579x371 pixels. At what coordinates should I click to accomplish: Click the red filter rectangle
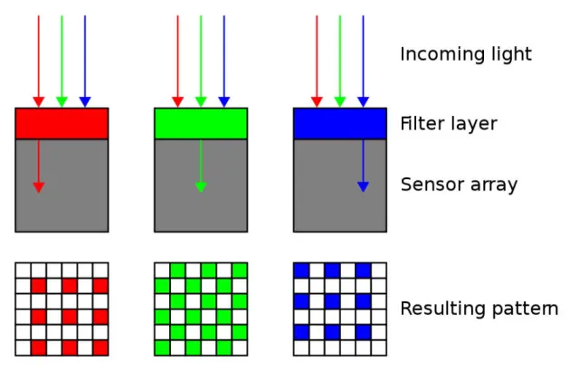pyautogui.click(x=62, y=123)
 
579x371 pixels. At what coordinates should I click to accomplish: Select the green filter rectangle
pyautogui.click(x=201, y=123)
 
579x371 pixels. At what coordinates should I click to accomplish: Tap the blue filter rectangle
pyautogui.click(x=339, y=123)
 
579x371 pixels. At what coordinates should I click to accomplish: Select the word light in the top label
pyautogui.click(x=508, y=55)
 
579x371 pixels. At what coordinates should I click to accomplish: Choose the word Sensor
pyautogui.click(x=430, y=185)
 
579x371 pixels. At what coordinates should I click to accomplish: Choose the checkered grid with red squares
pyautogui.click(x=62, y=309)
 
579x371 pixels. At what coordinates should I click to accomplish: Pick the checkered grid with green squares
pyautogui.click(x=201, y=309)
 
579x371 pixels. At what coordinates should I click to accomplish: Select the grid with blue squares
pyautogui.click(x=339, y=309)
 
